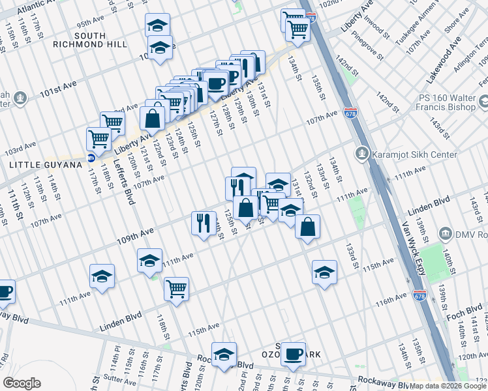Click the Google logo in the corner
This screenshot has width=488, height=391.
tap(22, 383)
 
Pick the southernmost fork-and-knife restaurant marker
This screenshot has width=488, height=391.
tap(204, 223)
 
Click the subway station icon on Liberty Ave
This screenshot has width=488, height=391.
tap(91, 157)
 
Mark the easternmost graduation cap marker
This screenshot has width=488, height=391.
tap(324, 272)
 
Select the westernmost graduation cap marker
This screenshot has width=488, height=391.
tap(102, 276)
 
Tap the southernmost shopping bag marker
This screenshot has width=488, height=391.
tap(307, 227)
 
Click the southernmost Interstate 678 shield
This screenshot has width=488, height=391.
tap(419, 295)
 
